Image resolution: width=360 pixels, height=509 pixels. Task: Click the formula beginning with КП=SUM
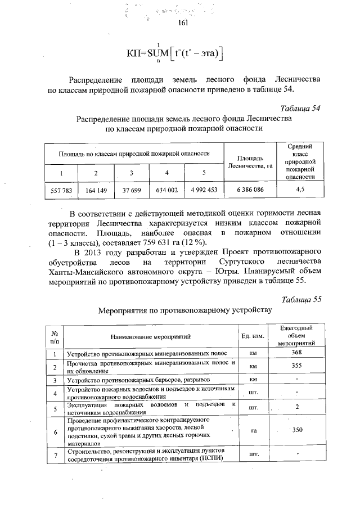click(175, 53)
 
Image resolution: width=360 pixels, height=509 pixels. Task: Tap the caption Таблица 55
click(300, 299)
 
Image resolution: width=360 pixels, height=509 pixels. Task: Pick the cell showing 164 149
click(96, 190)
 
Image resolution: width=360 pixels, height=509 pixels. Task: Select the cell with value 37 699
click(132, 190)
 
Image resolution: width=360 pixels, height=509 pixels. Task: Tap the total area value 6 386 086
click(250, 190)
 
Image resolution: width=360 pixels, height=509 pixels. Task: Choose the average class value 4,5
click(300, 190)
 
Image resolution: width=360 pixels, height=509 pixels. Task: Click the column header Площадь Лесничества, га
click(250, 161)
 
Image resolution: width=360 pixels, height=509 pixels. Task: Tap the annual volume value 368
click(297, 352)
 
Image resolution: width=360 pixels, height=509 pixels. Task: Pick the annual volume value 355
click(297, 366)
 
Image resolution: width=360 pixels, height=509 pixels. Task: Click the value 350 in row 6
click(298, 430)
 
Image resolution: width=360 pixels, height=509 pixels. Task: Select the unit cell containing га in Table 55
click(253, 430)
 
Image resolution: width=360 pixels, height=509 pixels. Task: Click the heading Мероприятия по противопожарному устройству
click(184, 310)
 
